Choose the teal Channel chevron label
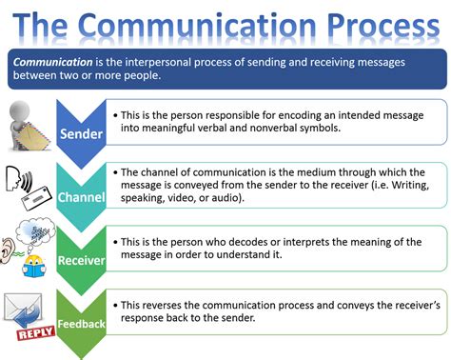click(80, 197)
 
